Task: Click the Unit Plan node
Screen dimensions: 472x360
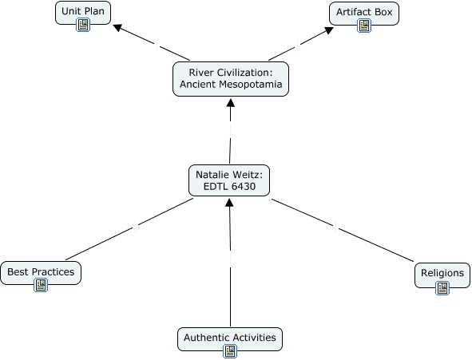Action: (x=83, y=13)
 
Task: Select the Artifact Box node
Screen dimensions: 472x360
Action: (x=364, y=14)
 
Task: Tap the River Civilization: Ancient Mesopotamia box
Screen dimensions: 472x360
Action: (x=231, y=79)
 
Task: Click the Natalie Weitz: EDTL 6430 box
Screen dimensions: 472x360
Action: (x=229, y=180)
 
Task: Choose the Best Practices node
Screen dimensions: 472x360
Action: (x=41, y=273)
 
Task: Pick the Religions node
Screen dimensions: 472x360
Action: (x=442, y=275)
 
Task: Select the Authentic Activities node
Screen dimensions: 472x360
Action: (x=230, y=339)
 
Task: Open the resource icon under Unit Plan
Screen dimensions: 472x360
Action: (x=83, y=25)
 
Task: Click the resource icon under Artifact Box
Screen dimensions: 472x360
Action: (x=364, y=26)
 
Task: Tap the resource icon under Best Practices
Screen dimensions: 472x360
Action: (x=41, y=285)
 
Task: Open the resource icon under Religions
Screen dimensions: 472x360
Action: (x=442, y=288)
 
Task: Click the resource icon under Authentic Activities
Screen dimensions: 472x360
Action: (x=230, y=351)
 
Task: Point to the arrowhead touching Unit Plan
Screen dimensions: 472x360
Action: (x=117, y=28)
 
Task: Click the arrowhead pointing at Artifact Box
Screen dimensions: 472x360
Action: (x=329, y=30)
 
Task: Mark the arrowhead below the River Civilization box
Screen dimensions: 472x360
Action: (x=231, y=102)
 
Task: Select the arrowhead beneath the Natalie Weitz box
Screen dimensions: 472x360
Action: (x=229, y=203)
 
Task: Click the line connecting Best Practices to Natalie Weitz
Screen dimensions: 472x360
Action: (x=129, y=229)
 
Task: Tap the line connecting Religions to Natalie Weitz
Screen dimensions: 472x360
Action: (x=343, y=231)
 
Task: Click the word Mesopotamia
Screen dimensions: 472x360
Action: (x=251, y=85)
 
